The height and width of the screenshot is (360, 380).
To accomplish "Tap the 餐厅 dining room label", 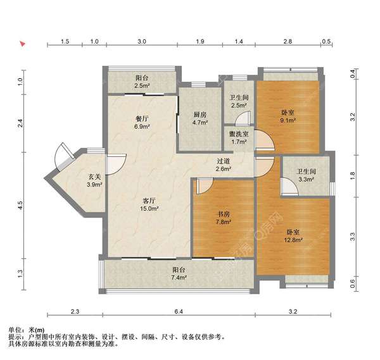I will [141, 118].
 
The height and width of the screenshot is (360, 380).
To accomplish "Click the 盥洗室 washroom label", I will [238, 134].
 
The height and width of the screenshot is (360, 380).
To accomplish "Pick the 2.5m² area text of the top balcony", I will [142, 85].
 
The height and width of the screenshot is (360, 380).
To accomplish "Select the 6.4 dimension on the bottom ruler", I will [178, 311].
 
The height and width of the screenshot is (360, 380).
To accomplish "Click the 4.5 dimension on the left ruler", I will [20, 204].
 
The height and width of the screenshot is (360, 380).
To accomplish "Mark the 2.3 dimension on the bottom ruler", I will [74, 311].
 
